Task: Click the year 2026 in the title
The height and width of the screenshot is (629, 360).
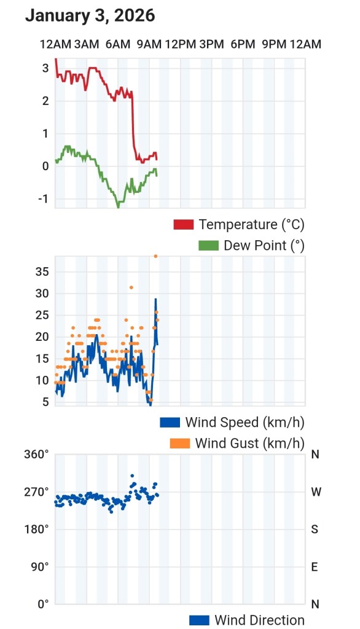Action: point(135,15)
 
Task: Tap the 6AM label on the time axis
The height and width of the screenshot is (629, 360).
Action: point(118,44)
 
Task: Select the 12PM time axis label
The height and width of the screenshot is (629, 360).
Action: point(180,44)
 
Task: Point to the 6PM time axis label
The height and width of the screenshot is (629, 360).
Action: point(243,44)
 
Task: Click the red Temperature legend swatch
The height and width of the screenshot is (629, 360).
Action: point(184,224)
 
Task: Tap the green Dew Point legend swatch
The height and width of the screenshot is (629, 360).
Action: point(209,246)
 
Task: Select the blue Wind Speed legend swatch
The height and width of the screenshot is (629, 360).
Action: point(170,423)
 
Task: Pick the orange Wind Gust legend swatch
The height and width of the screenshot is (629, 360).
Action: point(180,443)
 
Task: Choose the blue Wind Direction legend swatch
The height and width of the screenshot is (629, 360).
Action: point(199,620)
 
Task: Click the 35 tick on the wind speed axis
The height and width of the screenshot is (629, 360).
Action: point(42,272)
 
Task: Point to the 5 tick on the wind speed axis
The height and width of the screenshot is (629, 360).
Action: point(45,402)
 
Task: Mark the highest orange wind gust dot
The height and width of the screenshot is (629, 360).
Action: point(155,256)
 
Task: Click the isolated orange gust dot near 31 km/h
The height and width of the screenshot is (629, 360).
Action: point(131,287)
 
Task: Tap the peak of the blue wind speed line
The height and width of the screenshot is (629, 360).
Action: point(155,299)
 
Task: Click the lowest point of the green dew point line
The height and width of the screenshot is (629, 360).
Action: point(118,207)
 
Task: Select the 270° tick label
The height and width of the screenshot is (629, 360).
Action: point(36,492)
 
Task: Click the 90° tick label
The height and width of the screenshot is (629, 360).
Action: point(40,567)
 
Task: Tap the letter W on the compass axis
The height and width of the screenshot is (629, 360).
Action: point(316,492)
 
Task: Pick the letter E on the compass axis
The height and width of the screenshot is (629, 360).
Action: point(315,567)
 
